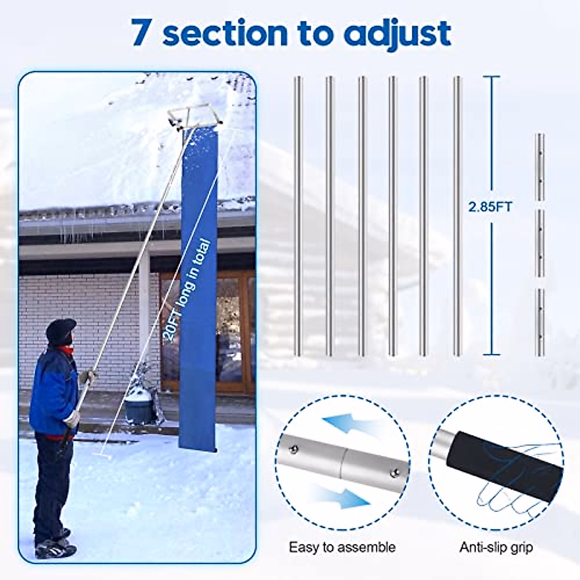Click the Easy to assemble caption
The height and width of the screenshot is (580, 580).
(x=342, y=547)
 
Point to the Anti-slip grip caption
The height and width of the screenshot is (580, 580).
(x=496, y=547)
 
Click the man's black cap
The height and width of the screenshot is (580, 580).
(x=61, y=329)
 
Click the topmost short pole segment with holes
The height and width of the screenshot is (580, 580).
(x=541, y=167)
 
